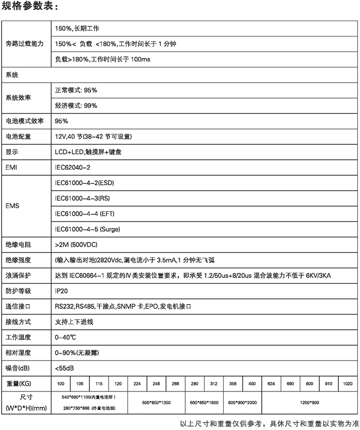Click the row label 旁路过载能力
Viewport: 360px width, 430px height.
24,44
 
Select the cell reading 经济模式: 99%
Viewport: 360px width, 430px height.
76,105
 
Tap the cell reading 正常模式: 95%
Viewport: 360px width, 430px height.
76,90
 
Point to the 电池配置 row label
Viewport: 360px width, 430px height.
19,137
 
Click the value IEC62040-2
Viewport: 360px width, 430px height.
73,167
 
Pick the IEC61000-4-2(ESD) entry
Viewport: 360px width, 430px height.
84,183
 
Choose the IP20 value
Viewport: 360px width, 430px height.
62,291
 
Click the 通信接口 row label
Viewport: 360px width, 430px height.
19,306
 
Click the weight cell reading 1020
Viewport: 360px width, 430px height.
348,384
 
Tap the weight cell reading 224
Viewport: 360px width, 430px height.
137,384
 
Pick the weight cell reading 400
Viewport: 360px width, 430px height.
252,384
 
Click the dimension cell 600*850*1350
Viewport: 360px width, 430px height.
156,403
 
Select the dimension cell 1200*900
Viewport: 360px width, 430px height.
309,403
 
